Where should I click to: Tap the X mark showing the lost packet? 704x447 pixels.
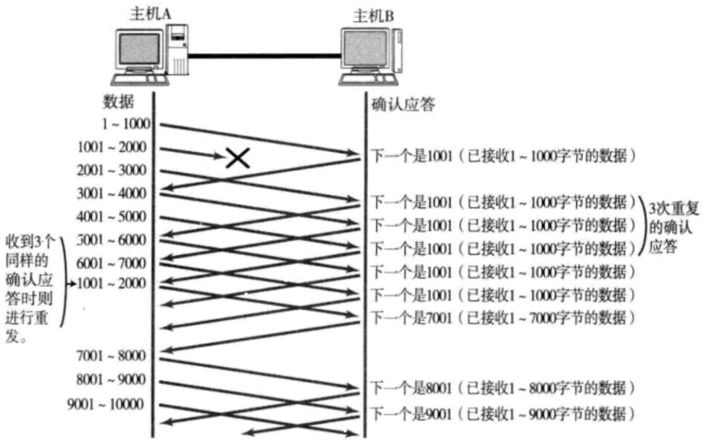[237, 158]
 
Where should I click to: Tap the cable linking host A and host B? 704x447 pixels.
[262, 56]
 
